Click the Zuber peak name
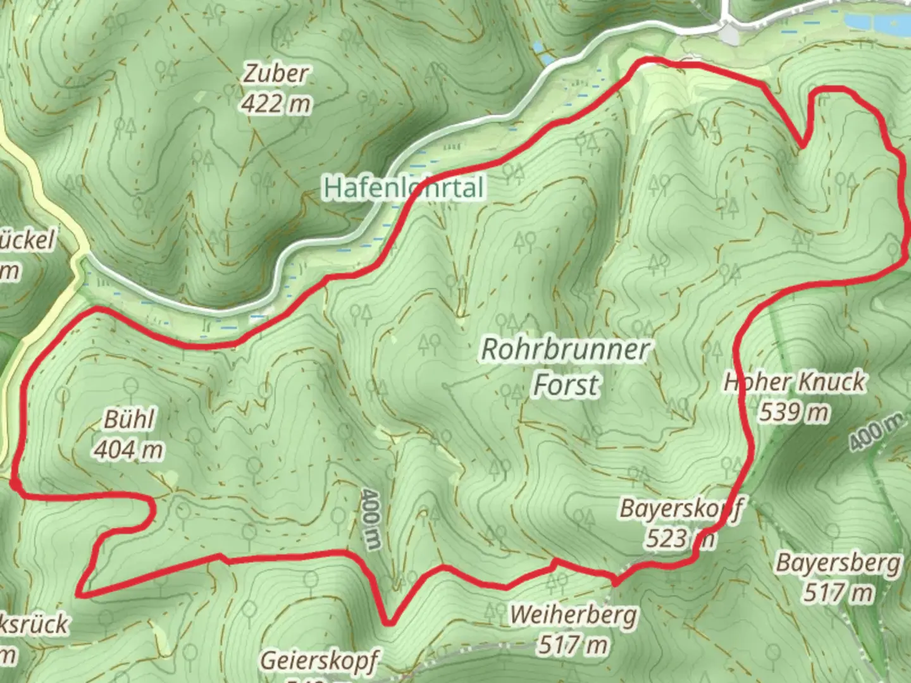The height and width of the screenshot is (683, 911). [276, 73]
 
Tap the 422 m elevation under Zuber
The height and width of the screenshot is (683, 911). [276, 103]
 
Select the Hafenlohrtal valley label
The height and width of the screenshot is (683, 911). [404, 188]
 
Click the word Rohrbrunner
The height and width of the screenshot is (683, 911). [565, 349]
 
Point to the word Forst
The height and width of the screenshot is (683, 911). [565, 385]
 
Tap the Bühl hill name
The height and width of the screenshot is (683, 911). [129, 419]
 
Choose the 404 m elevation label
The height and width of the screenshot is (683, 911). [129, 450]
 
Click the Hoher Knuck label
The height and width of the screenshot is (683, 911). [795, 382]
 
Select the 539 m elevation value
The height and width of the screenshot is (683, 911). [795, 412]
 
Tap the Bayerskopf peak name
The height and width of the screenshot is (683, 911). [681, 508]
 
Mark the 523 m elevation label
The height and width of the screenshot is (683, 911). [681, 539]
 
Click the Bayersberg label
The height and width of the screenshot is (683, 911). [839, 563]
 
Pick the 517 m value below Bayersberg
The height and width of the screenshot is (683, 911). [839, 593]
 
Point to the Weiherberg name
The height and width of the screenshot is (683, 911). [574, 615]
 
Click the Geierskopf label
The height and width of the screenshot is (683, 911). [319, 661]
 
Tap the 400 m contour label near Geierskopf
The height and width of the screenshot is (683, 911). [371, 519]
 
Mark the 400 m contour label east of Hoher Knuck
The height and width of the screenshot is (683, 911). [876, 432]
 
